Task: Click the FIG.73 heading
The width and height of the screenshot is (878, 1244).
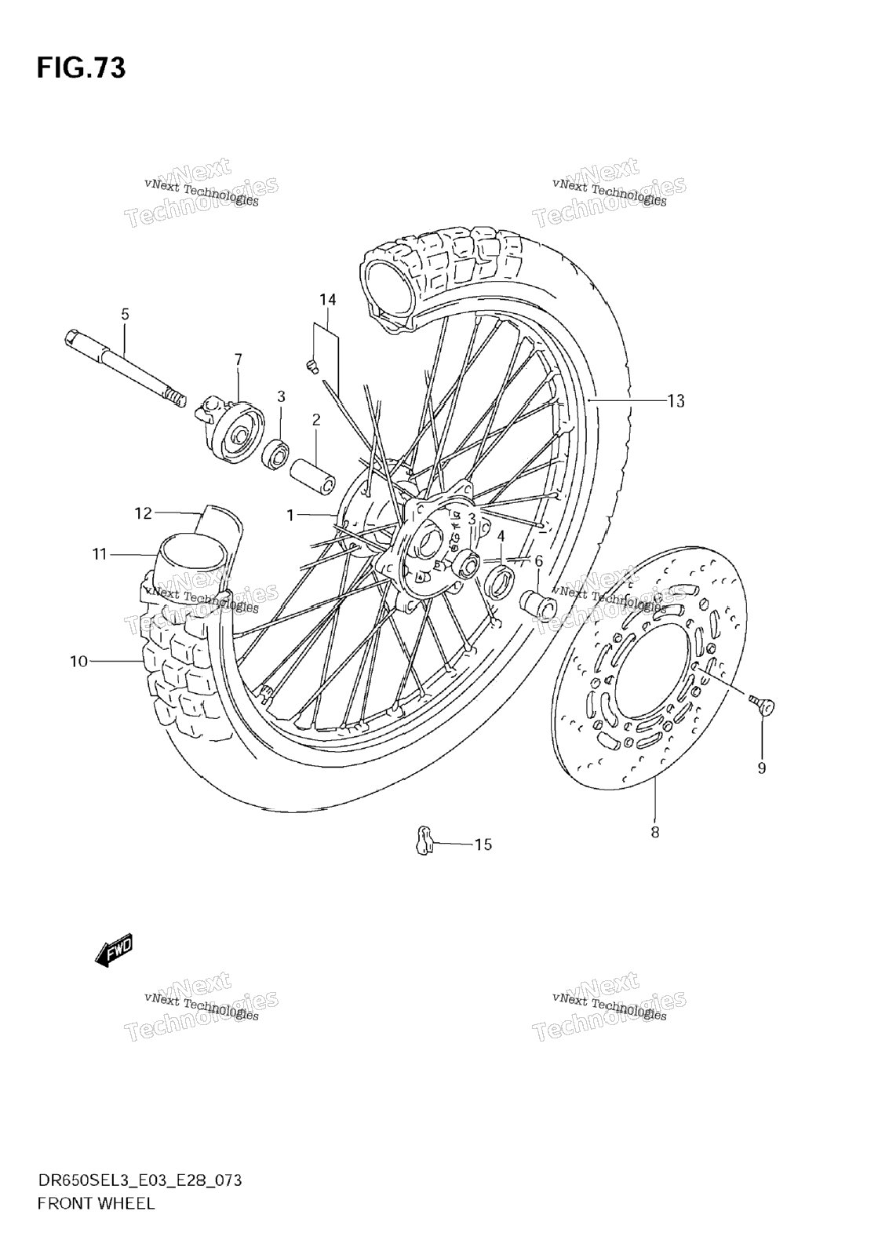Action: click(x=81, y=67)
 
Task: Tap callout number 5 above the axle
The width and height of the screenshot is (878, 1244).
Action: click(x=125, y=314)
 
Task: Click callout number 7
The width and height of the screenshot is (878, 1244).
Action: click(x=238, y=360)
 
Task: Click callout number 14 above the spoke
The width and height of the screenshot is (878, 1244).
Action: click(x=328, y=300)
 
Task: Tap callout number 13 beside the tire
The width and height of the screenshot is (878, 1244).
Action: click(x=676, y=400)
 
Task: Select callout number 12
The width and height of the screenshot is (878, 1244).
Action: click(x=144, y=513)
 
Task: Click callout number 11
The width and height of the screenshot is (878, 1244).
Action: click(x=100, y=553)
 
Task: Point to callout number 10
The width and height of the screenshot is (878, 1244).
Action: click(x=79, y=661)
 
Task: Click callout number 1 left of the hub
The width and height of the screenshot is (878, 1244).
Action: click(x=290, y=516)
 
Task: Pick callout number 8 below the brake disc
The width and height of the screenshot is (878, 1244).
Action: click(x=654, y=832)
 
